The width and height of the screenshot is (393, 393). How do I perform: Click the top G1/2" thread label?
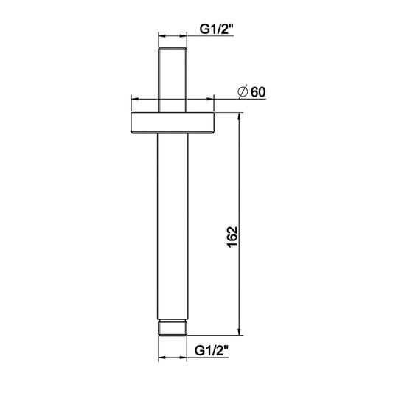pyautogui.click(x=217, y=29)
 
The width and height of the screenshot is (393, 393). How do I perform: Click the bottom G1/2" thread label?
pyautogui.click(x=212, y=351)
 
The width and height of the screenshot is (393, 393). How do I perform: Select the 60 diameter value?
pyautogui.click(x=258, y=92)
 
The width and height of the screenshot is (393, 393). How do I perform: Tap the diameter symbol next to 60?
pyautogui.click(x=243, y=91)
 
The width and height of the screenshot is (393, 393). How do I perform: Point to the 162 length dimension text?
pyautogui.click(x=232, y=237)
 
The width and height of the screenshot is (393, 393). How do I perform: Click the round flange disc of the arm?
pyautogui.click(x=173, y=123)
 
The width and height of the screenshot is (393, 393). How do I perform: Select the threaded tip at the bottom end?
pyautogui.click(x=173, y=328)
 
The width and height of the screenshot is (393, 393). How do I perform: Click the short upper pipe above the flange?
pyautogui.click(x=173, y=80)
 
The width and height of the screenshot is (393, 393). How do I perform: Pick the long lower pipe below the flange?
pyautogui.click(x=173, y=226)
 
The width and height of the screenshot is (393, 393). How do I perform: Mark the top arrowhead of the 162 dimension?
pyautogui.click(x=240, y=116)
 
